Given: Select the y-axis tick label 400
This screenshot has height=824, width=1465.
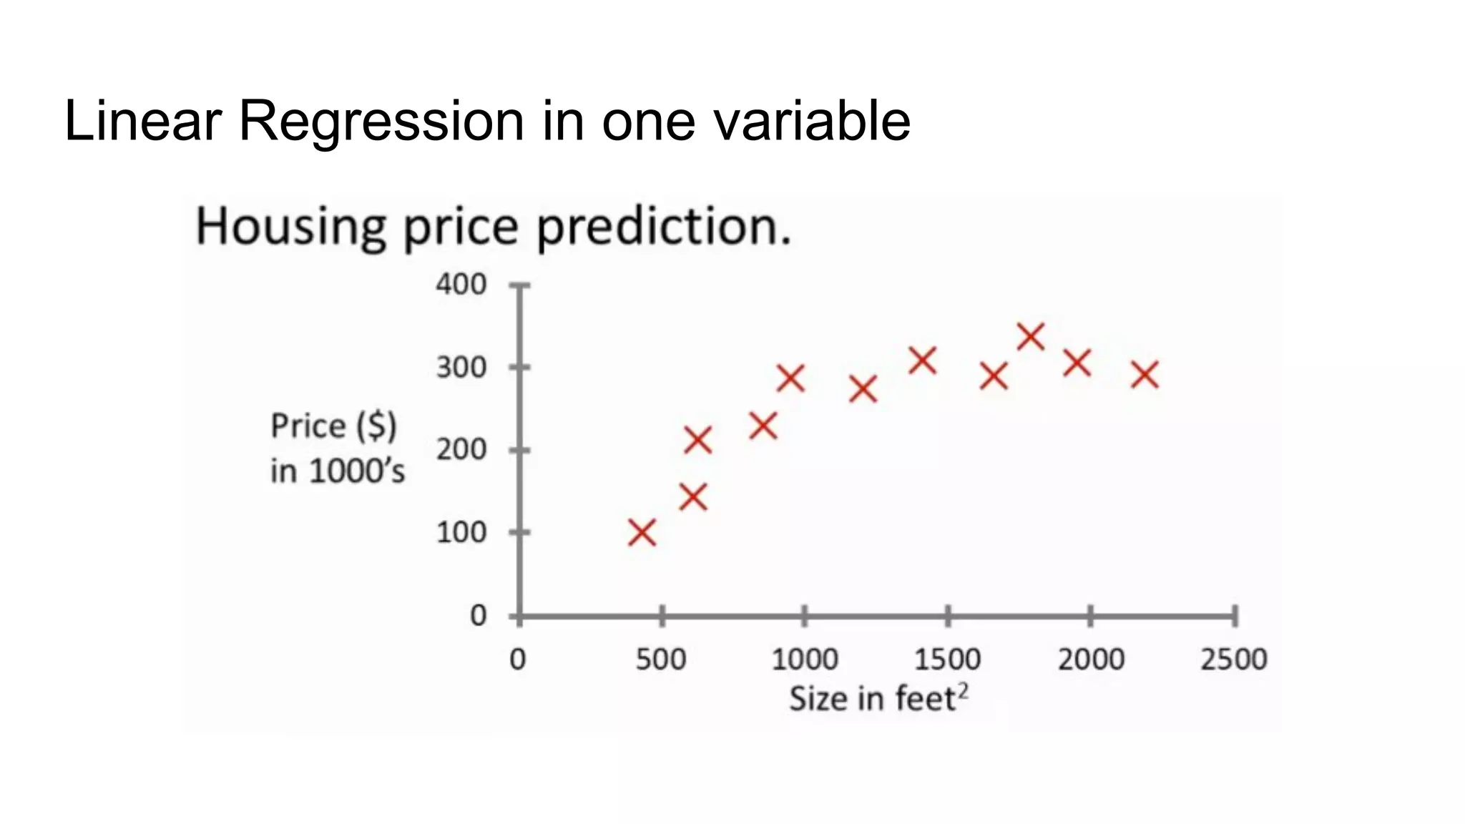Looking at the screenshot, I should [x=461, y=285].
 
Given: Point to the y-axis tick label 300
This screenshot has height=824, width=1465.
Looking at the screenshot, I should [x=461, y=368].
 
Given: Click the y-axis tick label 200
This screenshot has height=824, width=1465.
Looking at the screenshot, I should [x=461, y=450].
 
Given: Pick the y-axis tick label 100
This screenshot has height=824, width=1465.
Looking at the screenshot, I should [x=461, y=533].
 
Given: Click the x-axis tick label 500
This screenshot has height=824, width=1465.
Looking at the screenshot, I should [x=661, y=659].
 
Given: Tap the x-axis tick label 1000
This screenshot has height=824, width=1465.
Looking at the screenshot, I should [x=805, y=659].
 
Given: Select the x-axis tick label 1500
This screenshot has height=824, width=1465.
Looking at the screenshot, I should [x=948, y=659].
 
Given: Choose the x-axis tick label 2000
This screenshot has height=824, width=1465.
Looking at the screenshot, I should [x=1091, y=659].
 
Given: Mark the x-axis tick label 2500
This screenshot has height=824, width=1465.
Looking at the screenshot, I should [x=1234, y=659].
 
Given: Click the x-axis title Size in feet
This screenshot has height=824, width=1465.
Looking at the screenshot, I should [x=873, y=699].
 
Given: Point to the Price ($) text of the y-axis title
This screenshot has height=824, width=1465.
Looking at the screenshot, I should [x=333, y=426].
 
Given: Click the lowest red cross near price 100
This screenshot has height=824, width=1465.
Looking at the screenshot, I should [x=642, y=533].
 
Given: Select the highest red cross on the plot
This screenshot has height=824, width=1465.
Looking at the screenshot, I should [x=1031, y=336].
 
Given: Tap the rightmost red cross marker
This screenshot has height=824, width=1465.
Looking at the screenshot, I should [x=1145, y=375].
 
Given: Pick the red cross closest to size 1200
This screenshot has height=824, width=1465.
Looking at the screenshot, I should [x=863, y=389].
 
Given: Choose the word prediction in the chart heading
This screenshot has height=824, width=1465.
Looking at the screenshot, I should [x=664, y=227].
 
